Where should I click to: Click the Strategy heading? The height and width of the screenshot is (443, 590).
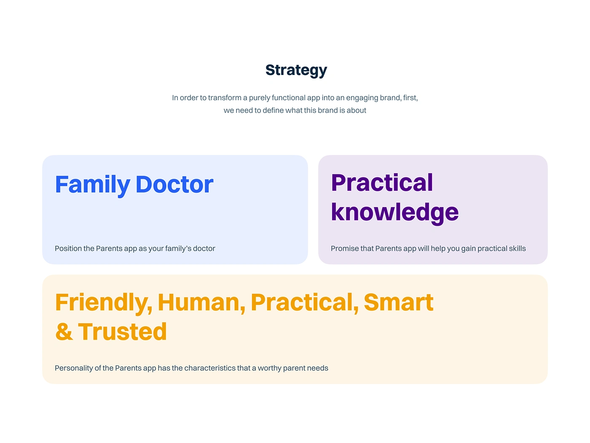tap(296, 70)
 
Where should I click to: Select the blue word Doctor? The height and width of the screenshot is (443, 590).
tap(174, 184)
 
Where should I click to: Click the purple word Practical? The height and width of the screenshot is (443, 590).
tap(382, 183)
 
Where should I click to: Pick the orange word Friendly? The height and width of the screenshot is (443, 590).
tap(104, 303)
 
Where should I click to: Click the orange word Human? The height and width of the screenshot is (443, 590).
tap(201, 303)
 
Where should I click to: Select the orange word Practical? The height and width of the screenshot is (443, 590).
tap(305, 303)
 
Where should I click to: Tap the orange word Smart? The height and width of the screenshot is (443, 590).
tap(398, 302)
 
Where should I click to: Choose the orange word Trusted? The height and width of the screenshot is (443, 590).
tap(122, 332)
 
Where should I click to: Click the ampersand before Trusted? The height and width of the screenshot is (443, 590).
tap(64, 332)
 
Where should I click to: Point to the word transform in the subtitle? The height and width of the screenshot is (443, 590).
tap(225, 98)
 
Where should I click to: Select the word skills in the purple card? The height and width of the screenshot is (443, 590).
tap(518, 248)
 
